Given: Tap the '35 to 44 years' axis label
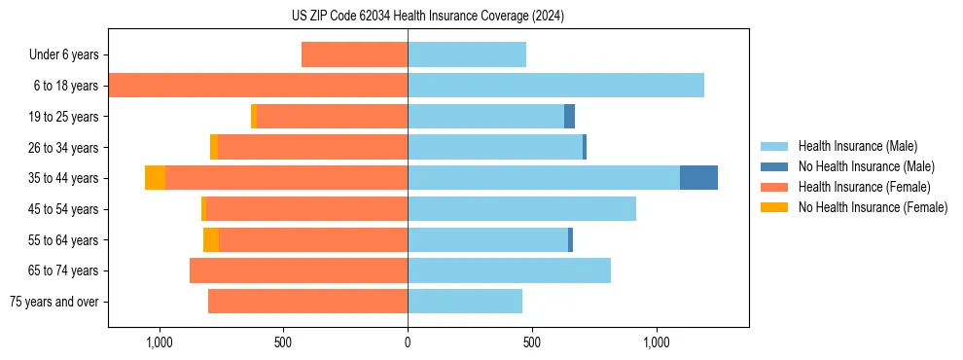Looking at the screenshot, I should tap(63, 178).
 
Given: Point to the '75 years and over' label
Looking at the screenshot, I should tap(54, 302).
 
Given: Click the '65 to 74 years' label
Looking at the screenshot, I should tap(63, 270).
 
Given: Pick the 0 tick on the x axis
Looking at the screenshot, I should tap(408, 342).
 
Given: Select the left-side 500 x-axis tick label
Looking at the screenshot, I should tap(283, 342).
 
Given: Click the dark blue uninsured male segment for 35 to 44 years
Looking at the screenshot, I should tap(698, 178).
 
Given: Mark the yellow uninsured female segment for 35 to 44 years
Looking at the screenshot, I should tap(155, 178).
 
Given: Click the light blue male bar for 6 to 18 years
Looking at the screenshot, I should tap(555, 86).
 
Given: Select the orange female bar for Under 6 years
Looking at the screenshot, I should tap(354, 54).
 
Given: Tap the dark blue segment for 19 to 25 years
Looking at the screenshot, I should tap(569, 117).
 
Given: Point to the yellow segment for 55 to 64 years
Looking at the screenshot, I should tap(211, 239).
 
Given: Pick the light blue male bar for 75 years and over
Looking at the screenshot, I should tap(465, 302).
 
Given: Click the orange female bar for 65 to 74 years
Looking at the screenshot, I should tap(299, 270).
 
